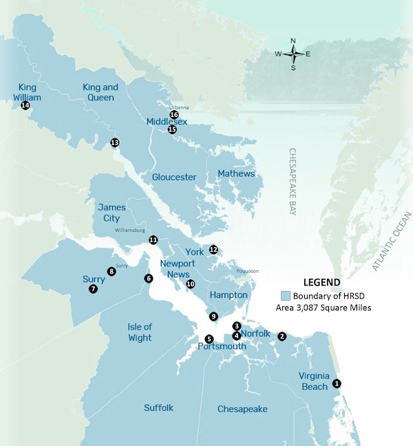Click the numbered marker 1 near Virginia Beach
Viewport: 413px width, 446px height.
click(x=337, y=383)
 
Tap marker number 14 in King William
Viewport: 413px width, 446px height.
click(x=25, y=106)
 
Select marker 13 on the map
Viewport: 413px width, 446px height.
click(x=115, y=142)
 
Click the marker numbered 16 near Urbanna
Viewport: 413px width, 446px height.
click(x=174, y=115)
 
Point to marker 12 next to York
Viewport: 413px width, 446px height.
click(x=213, y=250)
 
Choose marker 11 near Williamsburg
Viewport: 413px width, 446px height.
click(x=153, y=240)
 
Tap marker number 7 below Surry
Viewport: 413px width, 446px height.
click(x=93, y=290)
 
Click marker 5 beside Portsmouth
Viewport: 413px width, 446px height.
click(x=209, y=339)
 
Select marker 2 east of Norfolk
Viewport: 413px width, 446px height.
click(x=282, y=336)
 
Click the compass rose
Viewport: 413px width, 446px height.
click(x=293, y=53)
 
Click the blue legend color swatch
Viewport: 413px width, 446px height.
click(x=285, y=295)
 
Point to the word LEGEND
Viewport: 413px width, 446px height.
click(x=321, y=282)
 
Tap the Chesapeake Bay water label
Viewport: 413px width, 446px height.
click(x=292, y=184)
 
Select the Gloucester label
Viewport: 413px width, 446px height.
click(x=174, y=177)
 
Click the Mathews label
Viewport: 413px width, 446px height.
click(x=236, y=173)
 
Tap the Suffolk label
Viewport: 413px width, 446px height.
click(x=159, y=407)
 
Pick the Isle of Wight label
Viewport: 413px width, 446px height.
click(x=140, y=332)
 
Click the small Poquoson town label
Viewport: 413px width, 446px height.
click(x=247, y=271)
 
